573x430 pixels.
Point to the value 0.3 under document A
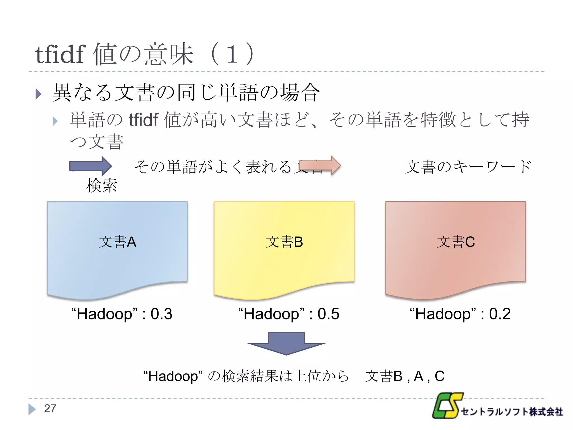(161, 314)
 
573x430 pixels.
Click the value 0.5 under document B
(328, 314)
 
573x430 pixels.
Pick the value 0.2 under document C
(500, 314)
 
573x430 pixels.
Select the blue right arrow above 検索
(90, 166)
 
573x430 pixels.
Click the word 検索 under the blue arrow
(102, 186)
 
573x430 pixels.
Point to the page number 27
(50, 408)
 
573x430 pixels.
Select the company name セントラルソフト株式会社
(512, 412)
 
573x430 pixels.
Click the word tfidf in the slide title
(60, 55)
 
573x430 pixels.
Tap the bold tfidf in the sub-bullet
(144, 120)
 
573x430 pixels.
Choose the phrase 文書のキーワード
(468, 167)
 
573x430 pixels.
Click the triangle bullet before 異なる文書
(39, 94)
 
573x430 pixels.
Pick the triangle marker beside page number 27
(32, 409)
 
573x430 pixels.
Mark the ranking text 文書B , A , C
(405, 376)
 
